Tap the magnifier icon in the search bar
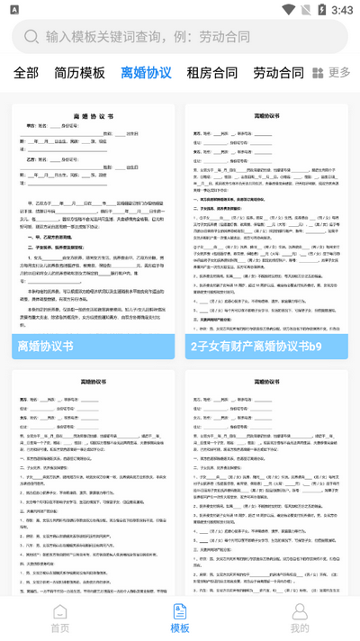31,37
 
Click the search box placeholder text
148,37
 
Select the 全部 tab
26,73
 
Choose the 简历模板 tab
79,73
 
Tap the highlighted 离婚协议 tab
146,73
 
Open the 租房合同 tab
212,73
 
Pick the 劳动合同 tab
278,73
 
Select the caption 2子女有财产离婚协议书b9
255,346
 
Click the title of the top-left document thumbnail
93,117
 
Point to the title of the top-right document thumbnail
266,116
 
